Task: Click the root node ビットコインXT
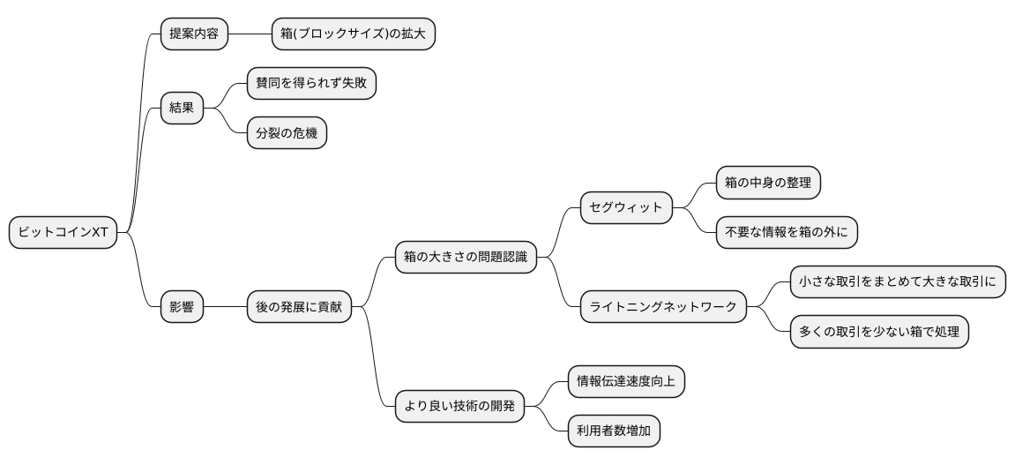click(63, 233)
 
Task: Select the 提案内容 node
click(194, 34)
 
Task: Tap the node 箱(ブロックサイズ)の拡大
click(353, 34)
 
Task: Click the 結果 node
click(182, 109)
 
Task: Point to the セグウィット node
click(626, 208)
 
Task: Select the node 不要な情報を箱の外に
click(786, 233)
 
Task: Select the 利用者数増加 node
click(614, 431)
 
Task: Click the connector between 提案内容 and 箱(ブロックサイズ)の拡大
click(250, 34)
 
